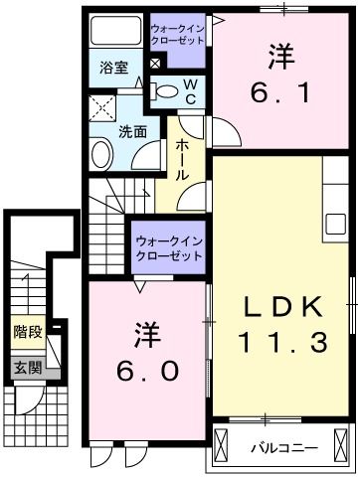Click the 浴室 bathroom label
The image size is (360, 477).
(113, 69)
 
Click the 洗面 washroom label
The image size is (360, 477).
(133, 130)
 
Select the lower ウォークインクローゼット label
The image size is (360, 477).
(167, 248)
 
